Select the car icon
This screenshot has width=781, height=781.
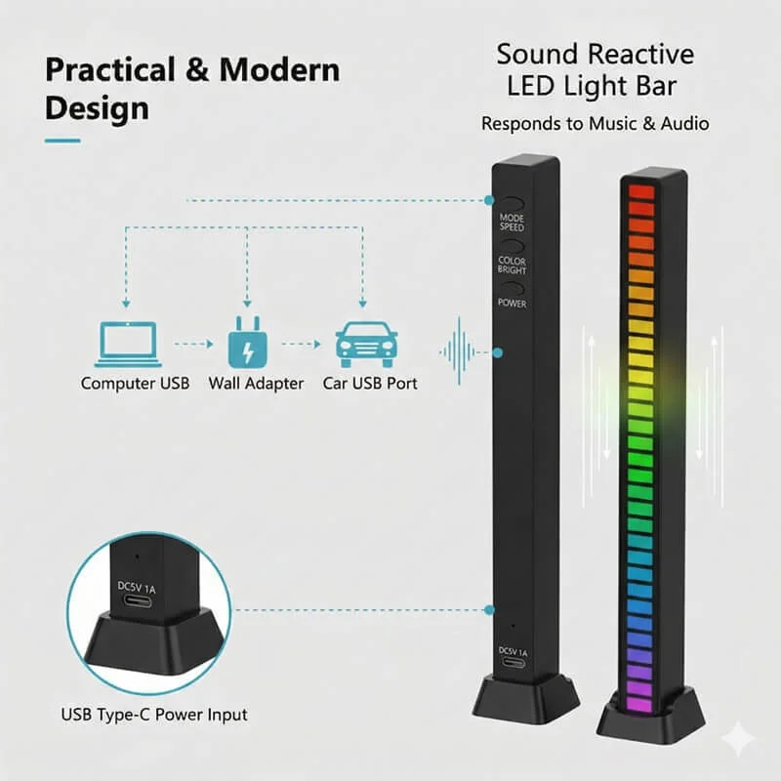(365, 344)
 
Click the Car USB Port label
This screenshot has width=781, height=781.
(370, 384)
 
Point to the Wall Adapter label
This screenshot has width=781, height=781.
(256, 384)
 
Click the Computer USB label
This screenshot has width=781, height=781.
(136, 384)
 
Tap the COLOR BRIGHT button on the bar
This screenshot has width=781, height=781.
(513, 265)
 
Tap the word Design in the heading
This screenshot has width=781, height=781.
(97, 107)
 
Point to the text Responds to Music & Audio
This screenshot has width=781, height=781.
(595, 124)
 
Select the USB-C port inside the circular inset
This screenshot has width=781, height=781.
(138, 600)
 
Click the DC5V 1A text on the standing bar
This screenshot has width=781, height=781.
(513, 651)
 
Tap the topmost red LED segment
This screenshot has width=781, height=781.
(640, 191)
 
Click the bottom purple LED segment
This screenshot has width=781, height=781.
(637, 701)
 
